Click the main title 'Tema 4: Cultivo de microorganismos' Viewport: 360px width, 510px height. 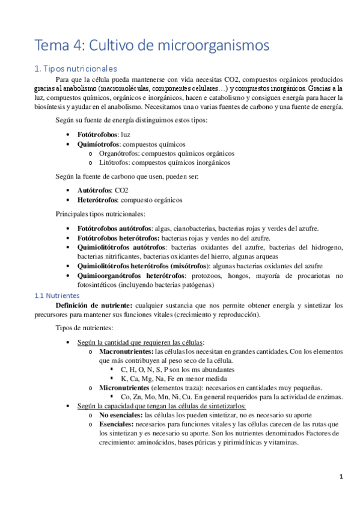point(151,45)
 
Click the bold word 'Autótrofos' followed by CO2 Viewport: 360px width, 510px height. point(95,190)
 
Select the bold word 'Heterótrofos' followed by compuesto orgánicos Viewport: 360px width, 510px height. point(97,200)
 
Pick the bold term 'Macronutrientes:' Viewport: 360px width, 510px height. point(126,351)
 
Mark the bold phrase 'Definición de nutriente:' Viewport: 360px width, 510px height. point(94,306)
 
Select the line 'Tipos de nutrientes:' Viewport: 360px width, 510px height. point(84,328)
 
